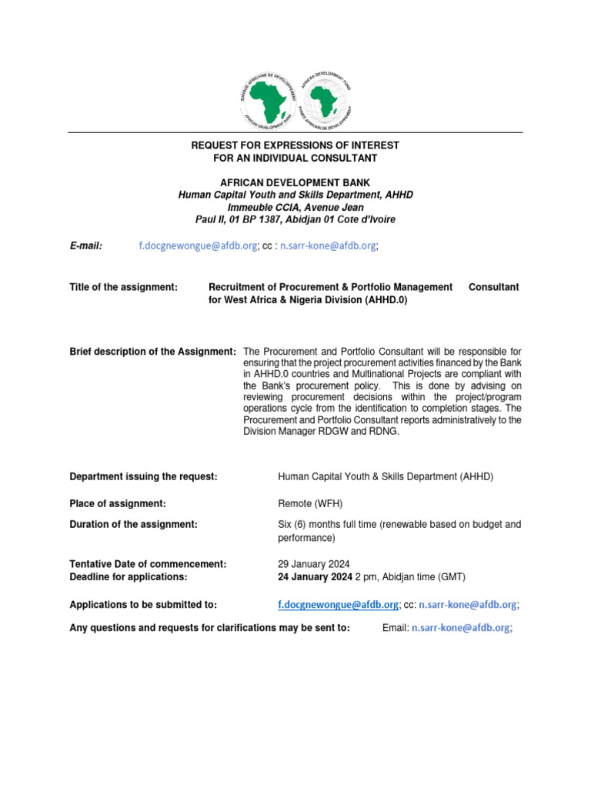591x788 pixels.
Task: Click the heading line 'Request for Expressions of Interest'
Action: (295, 145)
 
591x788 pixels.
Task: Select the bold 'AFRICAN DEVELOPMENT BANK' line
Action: (295, 183)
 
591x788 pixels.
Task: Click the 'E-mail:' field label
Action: (87, 245)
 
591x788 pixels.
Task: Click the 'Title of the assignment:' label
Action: (124, 287)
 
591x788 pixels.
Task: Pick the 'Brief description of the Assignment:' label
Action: (152, 352)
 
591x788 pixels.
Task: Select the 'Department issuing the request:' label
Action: (143, 477)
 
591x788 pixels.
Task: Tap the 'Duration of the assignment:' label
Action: (133, 524)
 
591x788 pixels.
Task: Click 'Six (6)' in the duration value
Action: (296, 524)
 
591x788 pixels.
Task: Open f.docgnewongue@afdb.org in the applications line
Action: (338, 605)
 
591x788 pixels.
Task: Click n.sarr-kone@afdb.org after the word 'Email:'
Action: (460, 628)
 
